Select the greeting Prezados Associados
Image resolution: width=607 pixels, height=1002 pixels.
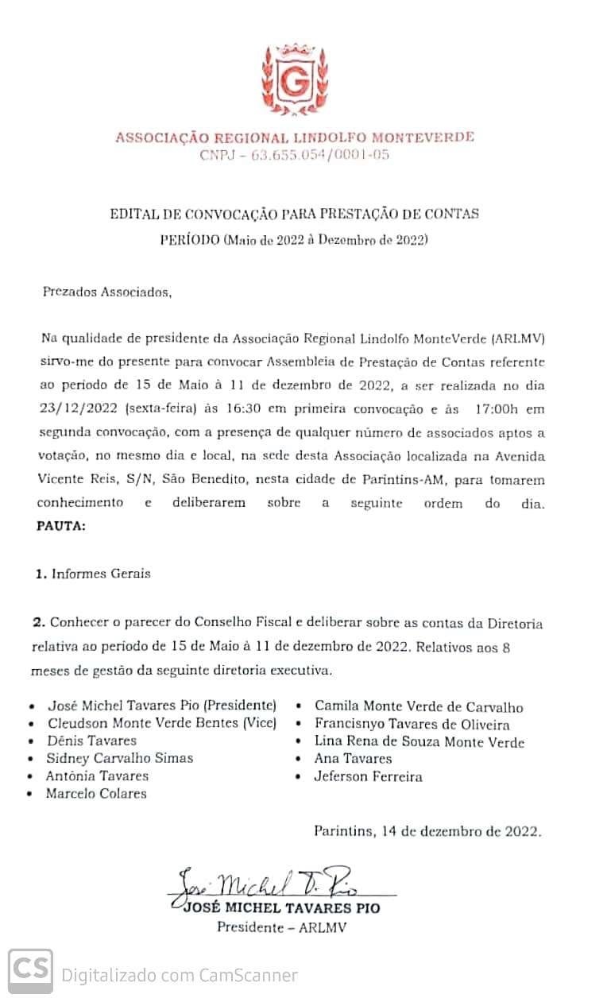[106, 292]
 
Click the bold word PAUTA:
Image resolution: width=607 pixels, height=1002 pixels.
[60, 526]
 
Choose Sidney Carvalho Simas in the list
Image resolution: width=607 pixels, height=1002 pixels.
[120, 758]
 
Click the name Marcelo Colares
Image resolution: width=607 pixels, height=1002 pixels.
[96, 793]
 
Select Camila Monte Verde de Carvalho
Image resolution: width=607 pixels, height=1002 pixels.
[419, 706]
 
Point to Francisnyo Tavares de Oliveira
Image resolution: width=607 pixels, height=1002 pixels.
[412, 724]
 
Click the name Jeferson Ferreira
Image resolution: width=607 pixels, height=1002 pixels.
[369, 776]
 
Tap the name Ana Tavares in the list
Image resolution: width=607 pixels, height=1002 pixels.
[353, 759]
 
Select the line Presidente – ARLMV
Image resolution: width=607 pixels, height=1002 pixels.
[281, 927]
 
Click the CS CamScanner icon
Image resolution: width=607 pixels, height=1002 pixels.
[31, 971]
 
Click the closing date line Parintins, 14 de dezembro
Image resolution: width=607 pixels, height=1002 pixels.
[427, 831]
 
